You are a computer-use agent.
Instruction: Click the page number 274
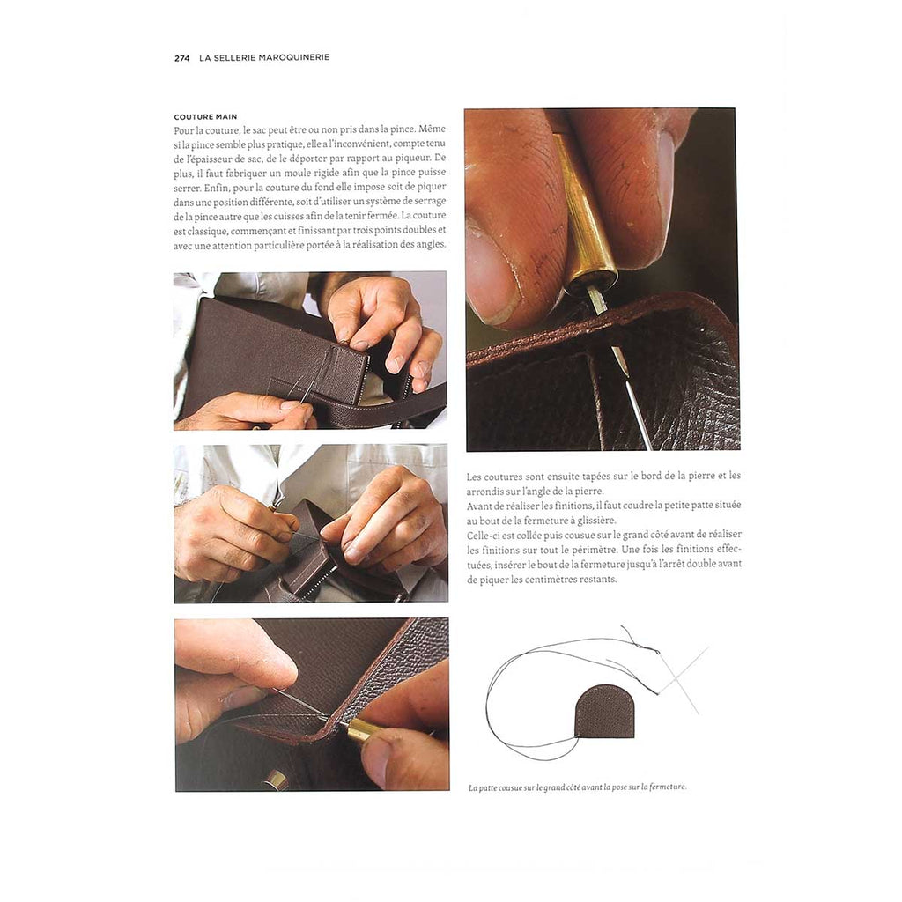(x=181, y=57)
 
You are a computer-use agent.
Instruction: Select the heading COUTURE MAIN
(x=205, y=117)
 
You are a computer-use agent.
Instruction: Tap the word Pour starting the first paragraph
(x=183, y=130)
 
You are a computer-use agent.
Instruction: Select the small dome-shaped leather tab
(x=604, y=713)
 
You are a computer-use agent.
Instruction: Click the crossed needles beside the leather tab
(x=682, y=679)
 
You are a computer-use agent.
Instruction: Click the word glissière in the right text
(x=598, y=521)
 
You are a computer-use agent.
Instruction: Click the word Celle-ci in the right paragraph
(x=482, y=536)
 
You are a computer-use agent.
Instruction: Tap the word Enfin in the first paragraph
(x=215, y=188)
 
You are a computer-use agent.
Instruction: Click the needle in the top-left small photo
(x=299, y=388)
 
